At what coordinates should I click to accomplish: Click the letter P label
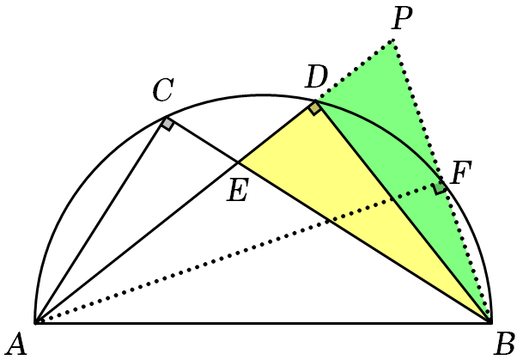coord(402,18)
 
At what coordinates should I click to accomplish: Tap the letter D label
coord(316,76)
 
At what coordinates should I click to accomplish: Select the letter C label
coord(163,89)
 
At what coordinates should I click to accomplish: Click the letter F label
coord(461,173)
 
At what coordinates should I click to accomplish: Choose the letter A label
coord(17,345)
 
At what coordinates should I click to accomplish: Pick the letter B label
coord(504,345)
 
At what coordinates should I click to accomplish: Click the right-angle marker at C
coord(167,124)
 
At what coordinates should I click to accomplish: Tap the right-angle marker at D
coord(315,108)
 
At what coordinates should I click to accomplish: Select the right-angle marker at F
coord(440,188)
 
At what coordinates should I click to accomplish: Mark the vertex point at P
coord(392,40)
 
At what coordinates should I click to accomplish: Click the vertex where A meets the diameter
coord(35,323)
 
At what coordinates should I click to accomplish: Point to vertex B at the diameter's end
coord(491,323)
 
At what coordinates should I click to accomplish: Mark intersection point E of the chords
coord(238,162)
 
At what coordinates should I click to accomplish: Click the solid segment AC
coord(100,220)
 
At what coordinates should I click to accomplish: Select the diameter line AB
coord(263,323)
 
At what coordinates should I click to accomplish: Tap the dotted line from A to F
coord(239,253)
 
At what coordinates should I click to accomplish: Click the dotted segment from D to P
coord(354,70)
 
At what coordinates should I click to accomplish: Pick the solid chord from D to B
coord(404,211)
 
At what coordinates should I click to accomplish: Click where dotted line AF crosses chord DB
coord(392,198)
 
